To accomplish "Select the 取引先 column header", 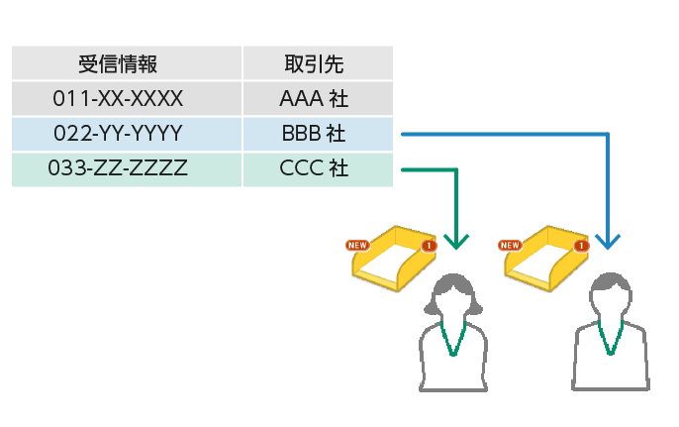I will pyautogui.click(x=317, y=64).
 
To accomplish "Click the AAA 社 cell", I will pyautogui.click(x=317, y=99).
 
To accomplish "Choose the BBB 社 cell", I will pyautogui.click(x=317, y=134).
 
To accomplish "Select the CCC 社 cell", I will pyautogui.click(x=317, y=167).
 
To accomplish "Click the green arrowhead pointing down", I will pyautogui.click(x=456, y=241).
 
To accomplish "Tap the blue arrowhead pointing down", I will pyautogui.click(x=608, y=241).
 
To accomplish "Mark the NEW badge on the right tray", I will pyautogui.click(x=511, y=244).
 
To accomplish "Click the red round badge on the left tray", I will pyautogui.click(x=429, y=245).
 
